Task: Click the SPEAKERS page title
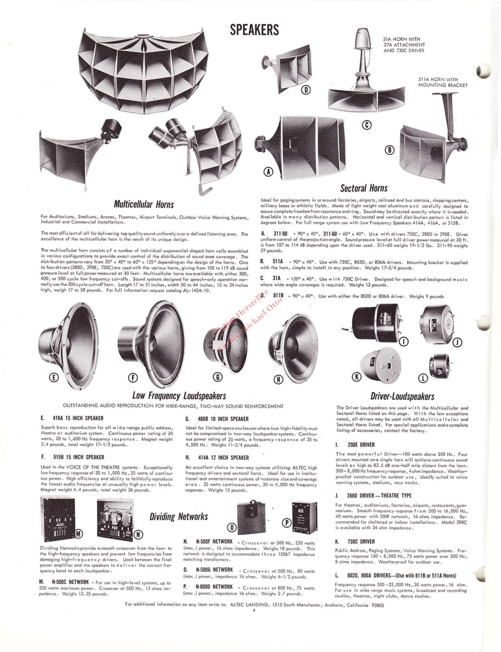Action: coord(254,30)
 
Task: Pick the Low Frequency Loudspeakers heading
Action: coord(179,396)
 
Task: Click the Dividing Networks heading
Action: coord(179,516)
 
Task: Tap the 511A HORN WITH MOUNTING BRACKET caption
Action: coord(443,82)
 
